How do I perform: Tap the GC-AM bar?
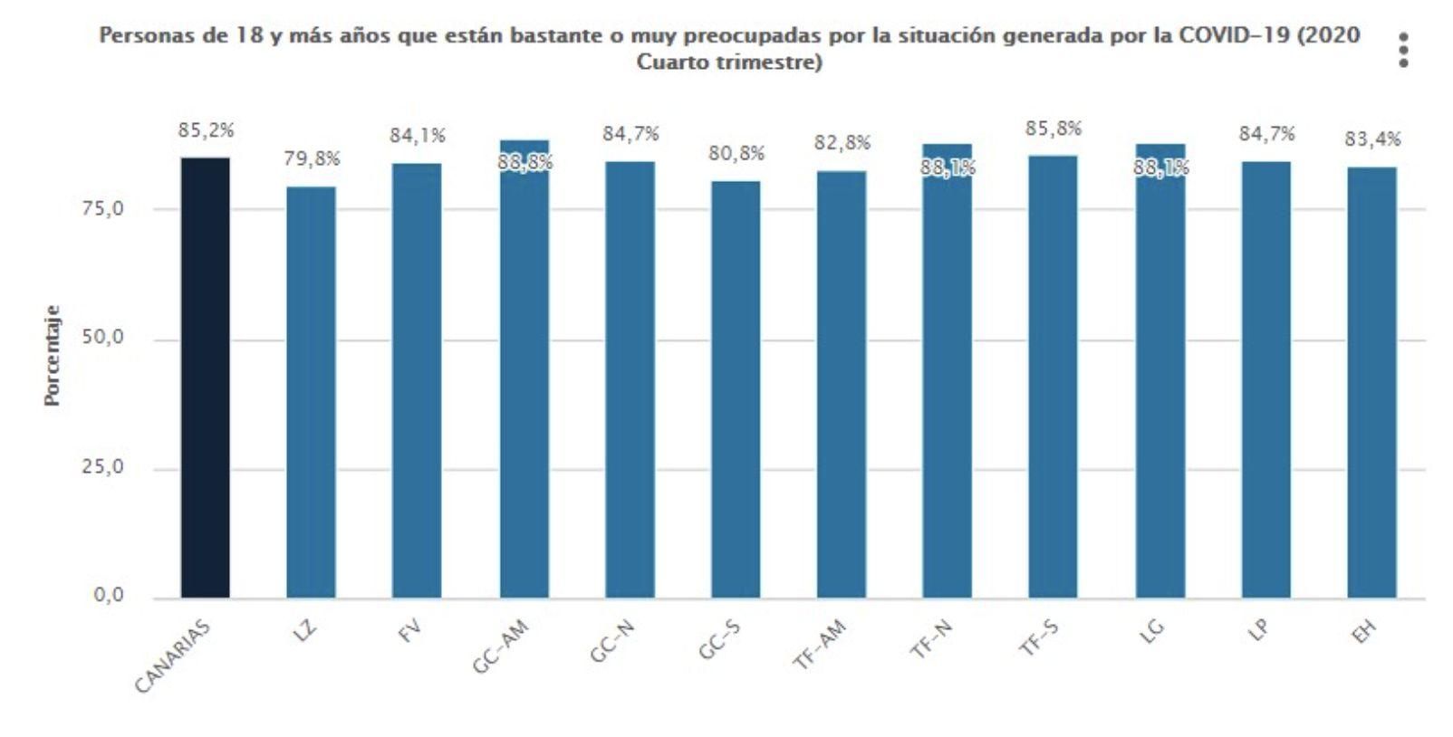(524, 380)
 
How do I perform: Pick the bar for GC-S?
(736, 389)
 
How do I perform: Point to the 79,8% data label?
(312, 159)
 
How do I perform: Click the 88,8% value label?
(524, 164)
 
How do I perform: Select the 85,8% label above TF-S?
(1054, 129)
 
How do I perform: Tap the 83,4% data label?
(1372, 139)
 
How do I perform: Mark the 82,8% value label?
(842, 143)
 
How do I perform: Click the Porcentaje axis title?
(53, 355)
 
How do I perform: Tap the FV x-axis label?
(411, 631)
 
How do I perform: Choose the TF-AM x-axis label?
(819, 645)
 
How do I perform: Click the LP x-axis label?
(1259, 631)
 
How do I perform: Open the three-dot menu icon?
(1403, 50)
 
